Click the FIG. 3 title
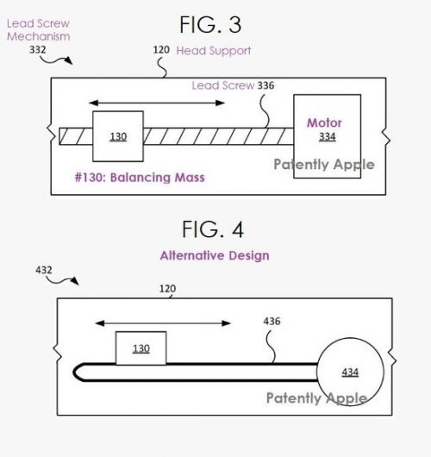tap(210, 24)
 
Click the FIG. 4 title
tap(213, 229)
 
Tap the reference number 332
tap(38, 50)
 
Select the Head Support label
tap(213, 51)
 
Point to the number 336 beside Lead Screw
tap(265, 85)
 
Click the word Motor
tap(324, 122)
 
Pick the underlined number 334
tap(328, 136)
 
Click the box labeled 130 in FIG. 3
tap(118, 136)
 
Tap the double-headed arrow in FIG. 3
tap(157, 103)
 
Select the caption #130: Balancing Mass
tap(140, 178)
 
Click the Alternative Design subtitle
tap(215, 255)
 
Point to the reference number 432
tap(44, 270)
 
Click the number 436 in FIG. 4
tap(272, 321)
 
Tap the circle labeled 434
tap(350, 338)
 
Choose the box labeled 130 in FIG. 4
tap(141, 348)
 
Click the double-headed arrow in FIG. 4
tap(163, 323)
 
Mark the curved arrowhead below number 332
tap(69, 60)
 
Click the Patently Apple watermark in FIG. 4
tap(316, 398)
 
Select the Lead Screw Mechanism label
tap(38, 30)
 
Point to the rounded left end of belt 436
tap(74, 372)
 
